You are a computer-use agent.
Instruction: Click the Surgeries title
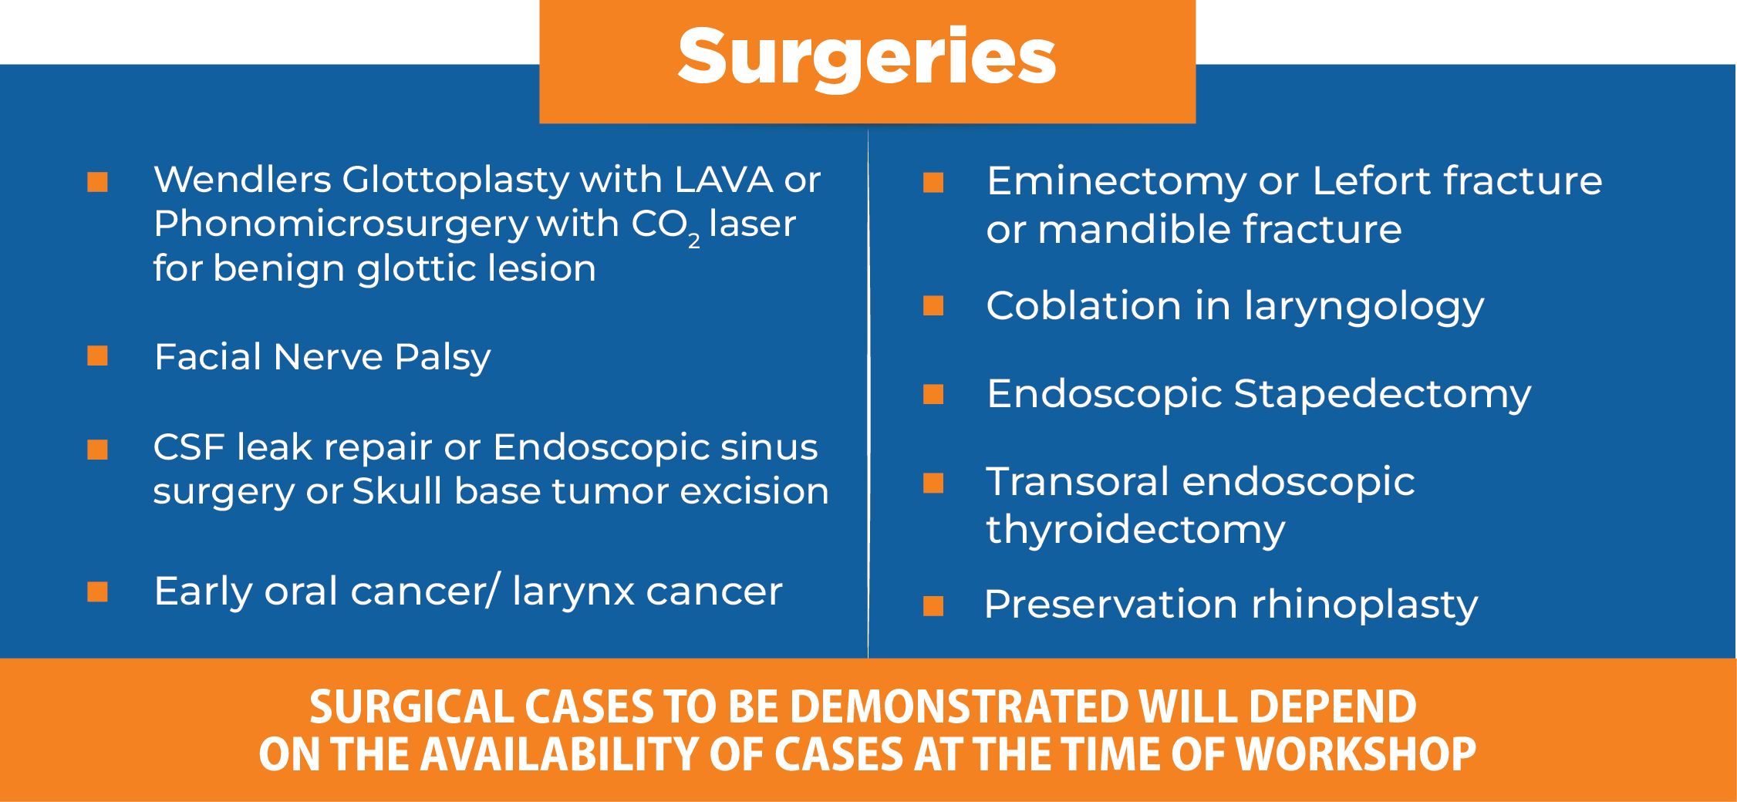coord(867,59)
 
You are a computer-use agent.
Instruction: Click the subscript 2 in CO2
coord(694,241)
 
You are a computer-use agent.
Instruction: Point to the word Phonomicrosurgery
coord(340,225)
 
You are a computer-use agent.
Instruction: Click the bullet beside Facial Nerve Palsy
coord(97,356)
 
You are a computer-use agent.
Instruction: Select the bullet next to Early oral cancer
coord(97,591)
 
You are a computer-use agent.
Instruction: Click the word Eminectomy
coord(1116,182)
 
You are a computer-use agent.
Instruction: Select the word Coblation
coord(1083,305)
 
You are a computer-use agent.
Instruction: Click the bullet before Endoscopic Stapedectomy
coord(933,394)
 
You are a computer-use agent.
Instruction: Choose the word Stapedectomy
coord(1382,395)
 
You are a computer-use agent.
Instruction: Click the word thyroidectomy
coord(1135,531)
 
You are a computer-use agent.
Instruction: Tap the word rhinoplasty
coord(1364,605)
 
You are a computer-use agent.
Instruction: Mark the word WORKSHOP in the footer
coord(1356,754)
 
